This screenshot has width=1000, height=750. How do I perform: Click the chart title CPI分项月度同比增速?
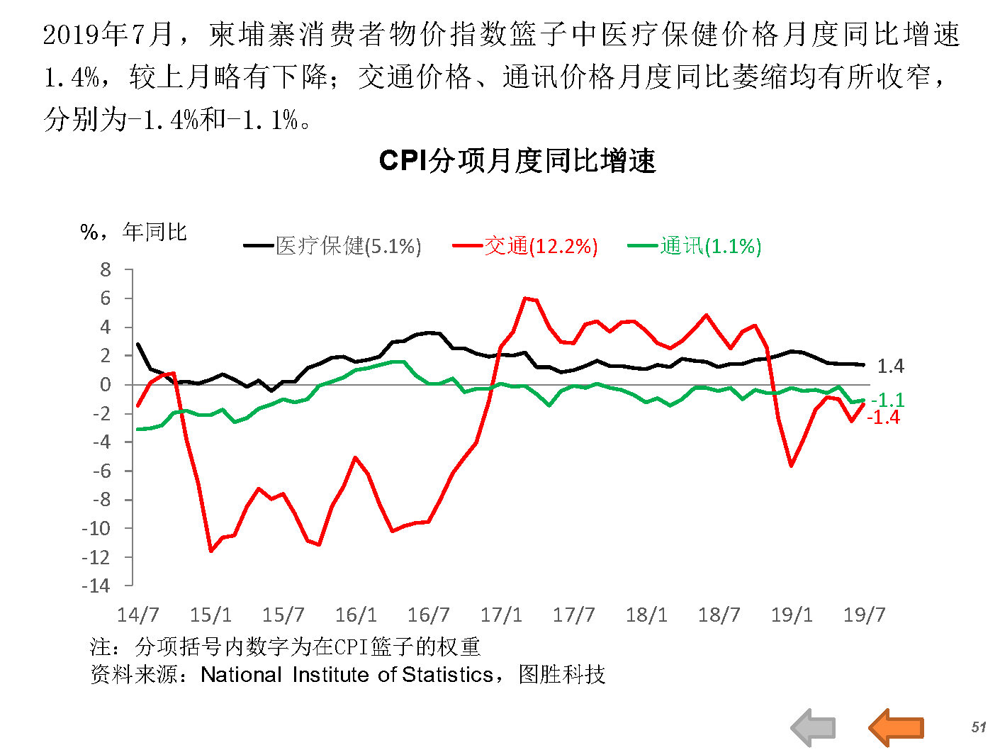(517, 162)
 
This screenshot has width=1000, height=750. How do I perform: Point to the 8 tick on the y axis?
(106, 269)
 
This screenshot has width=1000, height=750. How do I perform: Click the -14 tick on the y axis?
(97, 586)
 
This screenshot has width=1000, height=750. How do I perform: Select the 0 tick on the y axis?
(106, 384)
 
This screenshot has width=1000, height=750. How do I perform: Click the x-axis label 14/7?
(137, 615)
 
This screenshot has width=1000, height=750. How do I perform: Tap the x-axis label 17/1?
(501, 615)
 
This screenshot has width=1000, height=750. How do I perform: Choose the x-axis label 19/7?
(865, 615)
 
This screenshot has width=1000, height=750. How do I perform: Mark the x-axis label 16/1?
(356, 615)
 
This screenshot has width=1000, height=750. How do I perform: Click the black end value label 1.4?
(890, 366)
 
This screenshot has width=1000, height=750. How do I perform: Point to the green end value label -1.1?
(887, 400)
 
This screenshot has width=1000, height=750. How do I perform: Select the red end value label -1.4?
(883, 418)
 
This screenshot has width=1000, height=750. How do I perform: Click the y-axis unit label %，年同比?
(133, 232)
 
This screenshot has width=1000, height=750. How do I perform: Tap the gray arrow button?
(813, 727)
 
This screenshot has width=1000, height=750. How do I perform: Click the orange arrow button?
(896, 727)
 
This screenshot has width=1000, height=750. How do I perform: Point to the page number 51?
(979, 727)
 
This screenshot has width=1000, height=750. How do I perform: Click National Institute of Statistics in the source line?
(347, 674)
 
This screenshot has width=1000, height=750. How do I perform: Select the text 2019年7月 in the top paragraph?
(108, 34)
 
